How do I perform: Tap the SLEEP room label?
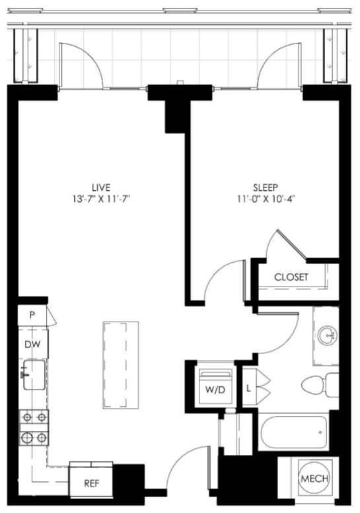[x=265, y=186]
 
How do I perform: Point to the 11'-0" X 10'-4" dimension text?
[x=265, y=198]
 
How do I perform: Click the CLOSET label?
[x=291, y=277]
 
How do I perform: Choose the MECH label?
[x=314, y=479]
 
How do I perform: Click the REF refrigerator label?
[x=91, y=483]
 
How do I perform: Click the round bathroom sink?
[x=327, y=336]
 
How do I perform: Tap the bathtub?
[x=293, y=432]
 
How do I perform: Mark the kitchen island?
[x=120, y=364]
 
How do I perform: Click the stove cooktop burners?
[x=34, y=427]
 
